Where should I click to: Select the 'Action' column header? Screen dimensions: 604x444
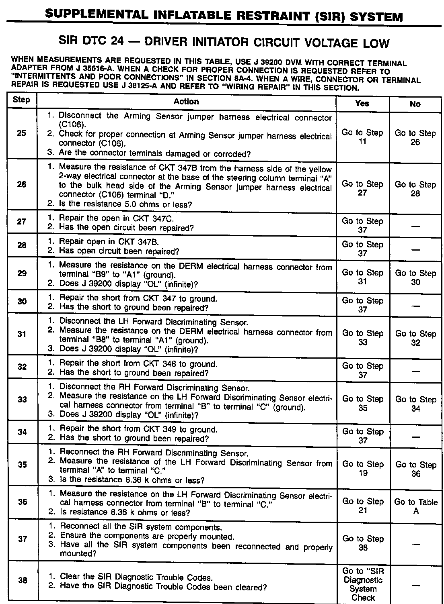[x=186, y=102]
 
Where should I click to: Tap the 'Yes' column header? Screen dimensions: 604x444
[x=362, y=103]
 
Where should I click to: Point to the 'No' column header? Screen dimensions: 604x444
[x=415, y=104]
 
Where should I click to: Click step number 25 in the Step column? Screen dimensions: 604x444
[x=22, y=133]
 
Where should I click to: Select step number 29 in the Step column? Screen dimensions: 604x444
[x=22, y=273]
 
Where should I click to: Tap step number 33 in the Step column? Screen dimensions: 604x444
[x=23, y=400]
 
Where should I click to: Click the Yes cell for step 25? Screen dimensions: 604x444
[x=362, y=137]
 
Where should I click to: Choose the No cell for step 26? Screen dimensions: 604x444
[x=415, y=189]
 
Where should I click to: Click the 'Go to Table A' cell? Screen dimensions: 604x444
[x=416, y=506]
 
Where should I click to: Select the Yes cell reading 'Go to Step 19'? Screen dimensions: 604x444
[x=363, y=468]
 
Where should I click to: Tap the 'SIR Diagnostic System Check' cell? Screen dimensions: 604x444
[x=363, y=584]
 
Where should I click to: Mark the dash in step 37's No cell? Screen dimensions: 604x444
[x=416, y=544]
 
